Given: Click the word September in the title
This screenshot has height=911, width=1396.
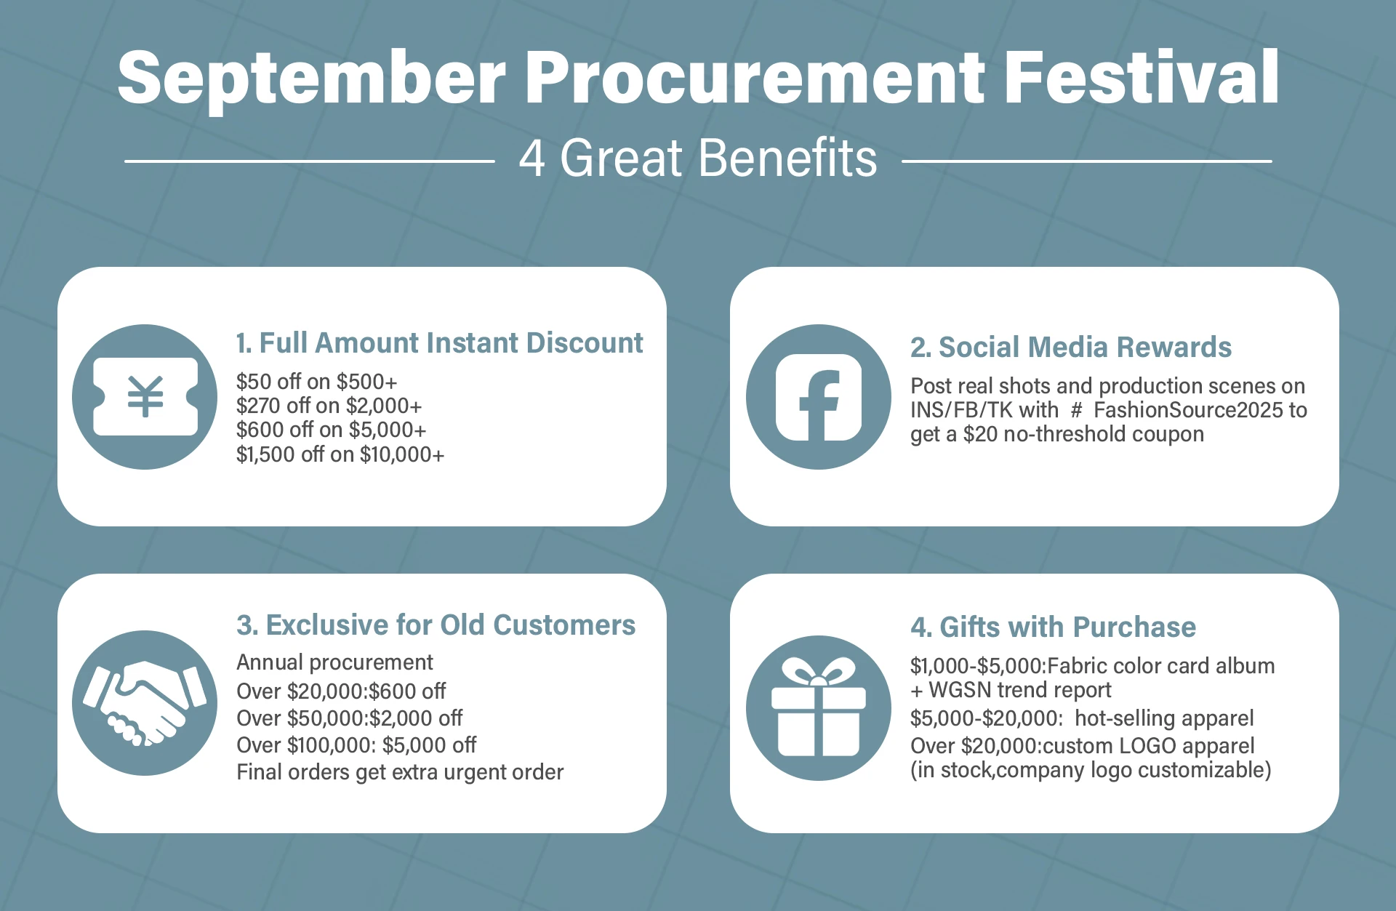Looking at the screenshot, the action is pyautogui.click(x=311, y=79).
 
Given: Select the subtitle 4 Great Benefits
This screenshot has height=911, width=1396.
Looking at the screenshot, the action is pyautogui.click(x=698, y=158).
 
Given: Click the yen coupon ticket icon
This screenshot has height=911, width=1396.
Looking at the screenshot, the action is pyautogui.click(x=145, y=397).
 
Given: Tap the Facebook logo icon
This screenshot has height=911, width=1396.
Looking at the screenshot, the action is pyautogui.click(x=819, y=397).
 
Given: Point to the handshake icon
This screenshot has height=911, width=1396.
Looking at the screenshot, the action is pyautogui.click(x=145, y=703).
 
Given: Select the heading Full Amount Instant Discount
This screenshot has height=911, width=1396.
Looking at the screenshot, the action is pyautogui.click(x=439, y=343).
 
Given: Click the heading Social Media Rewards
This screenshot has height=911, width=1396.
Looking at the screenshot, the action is pyautogui.click(x=1071, y=348).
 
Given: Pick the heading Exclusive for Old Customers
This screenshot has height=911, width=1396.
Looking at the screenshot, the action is pyautogui.click(x=436, y=625).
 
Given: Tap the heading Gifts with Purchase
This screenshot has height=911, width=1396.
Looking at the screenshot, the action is pyautogui.click(x=1053, y=627).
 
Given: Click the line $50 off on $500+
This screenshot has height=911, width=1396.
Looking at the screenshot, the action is pyautogui.click(x=316, y=382).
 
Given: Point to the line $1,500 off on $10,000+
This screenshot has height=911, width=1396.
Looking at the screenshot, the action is pyautogui.click(x=340, y=454).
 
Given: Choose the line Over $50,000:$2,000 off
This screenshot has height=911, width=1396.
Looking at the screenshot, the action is pyautogui.click(x=349, y=718).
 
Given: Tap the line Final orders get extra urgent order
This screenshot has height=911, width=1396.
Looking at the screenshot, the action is pyautogui.click(x=400, y=772).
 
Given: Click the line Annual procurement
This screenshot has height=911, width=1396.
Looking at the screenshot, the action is pyautogui.click(x=334, y=663).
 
